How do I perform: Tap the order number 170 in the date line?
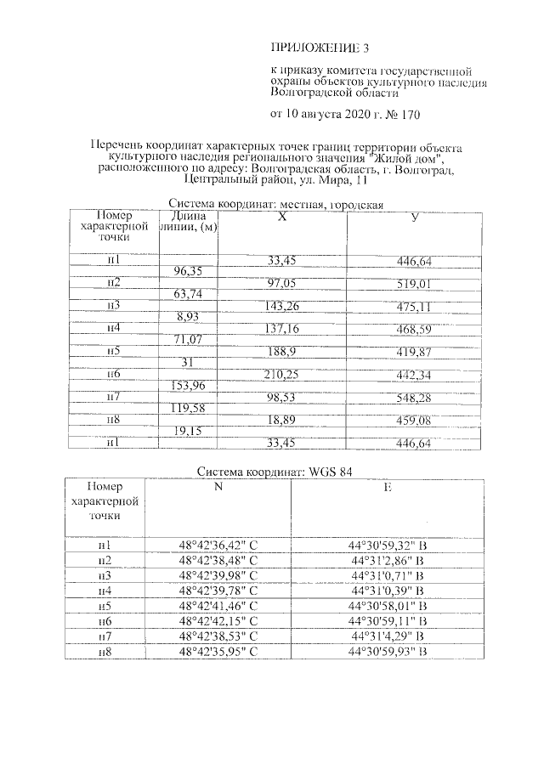tap(407, 113)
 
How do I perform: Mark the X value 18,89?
tap(281, 420)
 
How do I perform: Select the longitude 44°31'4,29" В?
tap(387, 636)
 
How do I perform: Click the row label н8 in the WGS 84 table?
tap(105, 652)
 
